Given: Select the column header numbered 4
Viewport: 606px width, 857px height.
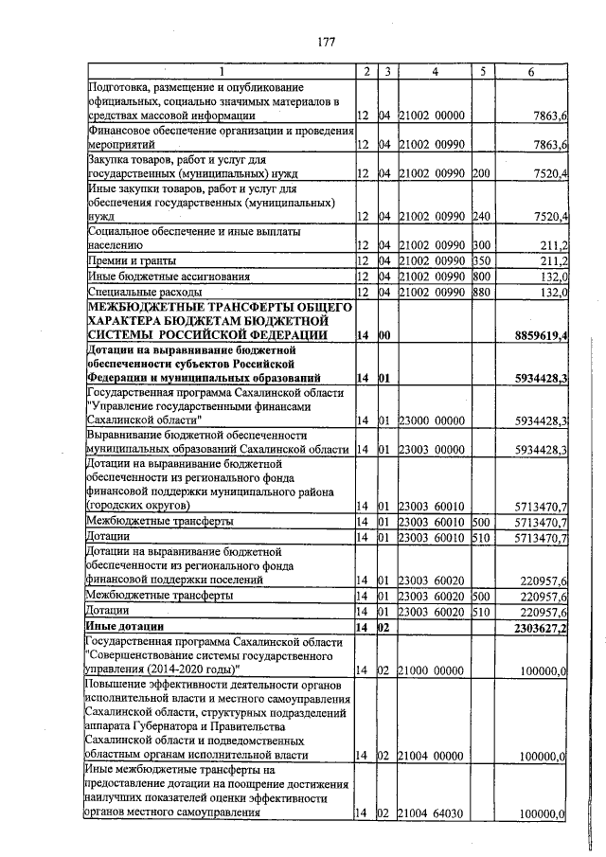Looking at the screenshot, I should tap(434, 72).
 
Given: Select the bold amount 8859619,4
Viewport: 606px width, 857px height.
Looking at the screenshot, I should tap(540, 335).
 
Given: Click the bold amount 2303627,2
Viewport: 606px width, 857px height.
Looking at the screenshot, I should tap(540, 627).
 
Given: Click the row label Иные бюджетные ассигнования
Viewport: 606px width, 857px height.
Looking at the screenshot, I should tap(169, 277).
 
